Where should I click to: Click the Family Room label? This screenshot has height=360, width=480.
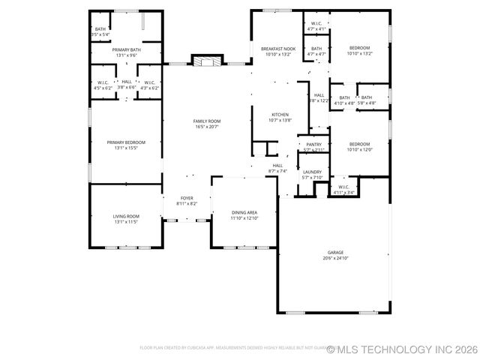(x=207, y=121)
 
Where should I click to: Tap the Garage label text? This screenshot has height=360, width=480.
(x=335, y=253)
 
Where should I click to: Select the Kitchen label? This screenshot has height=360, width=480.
(x=280, y=115)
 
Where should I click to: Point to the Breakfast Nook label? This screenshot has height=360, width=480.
(x=278, y=49)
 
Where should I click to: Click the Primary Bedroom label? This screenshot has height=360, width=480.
(x=126, y=142)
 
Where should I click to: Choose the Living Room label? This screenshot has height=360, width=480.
(x=126, y=216)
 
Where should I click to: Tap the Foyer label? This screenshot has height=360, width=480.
(x=187, y=198)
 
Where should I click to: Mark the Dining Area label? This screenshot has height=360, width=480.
(x=244, y=213)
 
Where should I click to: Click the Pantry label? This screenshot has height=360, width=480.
(x=313, y=144)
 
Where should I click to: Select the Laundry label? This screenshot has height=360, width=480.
(x=312, y=172)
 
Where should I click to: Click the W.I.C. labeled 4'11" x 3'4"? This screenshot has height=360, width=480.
(x=343, y=189)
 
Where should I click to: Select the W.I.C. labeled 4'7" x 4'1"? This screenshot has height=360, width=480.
(x=316, y=25)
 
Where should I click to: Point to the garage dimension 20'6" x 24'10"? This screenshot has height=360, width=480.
(x=335, y=258)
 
